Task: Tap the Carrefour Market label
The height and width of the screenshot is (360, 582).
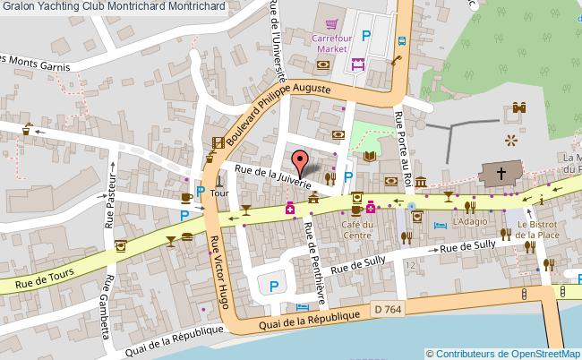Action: click(x=330, y=43)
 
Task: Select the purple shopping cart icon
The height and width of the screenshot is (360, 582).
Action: click(x=331, y=24)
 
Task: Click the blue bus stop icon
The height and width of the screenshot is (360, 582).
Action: click(x=402, y=40)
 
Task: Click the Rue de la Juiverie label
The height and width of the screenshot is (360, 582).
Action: click(x=272, y=176)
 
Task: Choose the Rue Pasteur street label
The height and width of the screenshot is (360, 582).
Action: click(x=113, y=202)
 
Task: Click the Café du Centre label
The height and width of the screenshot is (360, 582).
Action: click(x=355, y=229)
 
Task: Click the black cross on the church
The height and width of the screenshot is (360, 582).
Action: click(x=501, y=173)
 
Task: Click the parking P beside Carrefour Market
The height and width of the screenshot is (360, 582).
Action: click(x=365, y=36)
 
